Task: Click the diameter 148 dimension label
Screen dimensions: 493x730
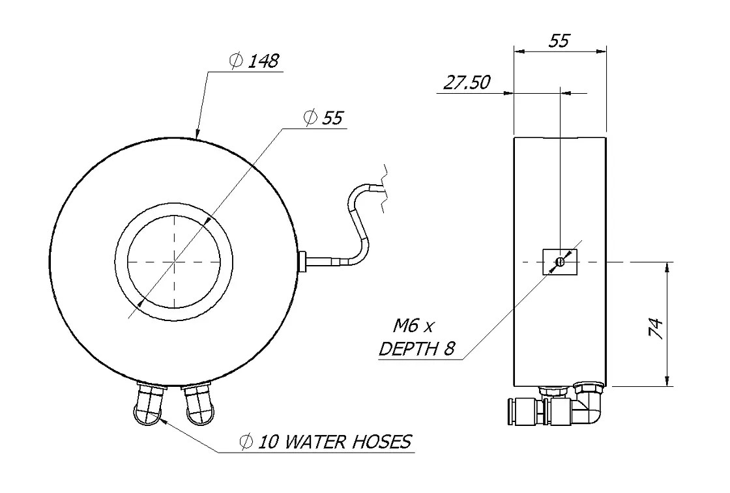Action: click(255, 62)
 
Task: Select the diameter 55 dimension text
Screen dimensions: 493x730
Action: click(324, 118)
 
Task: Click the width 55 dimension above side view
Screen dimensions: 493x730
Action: click(559, 40)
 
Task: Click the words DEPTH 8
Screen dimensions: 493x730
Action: click(416, 348)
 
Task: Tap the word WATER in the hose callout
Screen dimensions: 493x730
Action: click(319, 442)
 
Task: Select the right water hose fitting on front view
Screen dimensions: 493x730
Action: click(197, 404)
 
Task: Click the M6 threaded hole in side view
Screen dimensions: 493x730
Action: click(560, 262)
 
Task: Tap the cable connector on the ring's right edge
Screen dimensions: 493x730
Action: click(302, 262)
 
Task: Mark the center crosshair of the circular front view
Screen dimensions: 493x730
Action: click(175, 261)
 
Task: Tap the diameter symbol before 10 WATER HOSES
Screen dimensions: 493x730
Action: click(246, 443)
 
